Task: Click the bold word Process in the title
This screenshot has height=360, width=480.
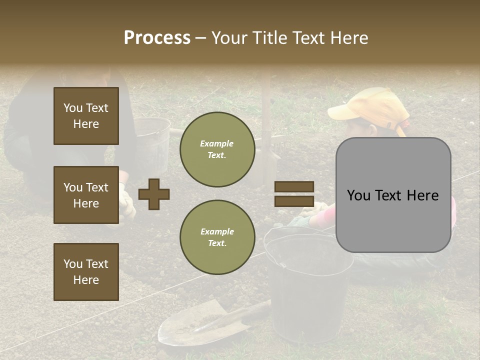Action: tap(157, 38)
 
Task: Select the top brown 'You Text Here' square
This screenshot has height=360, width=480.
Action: tap(86, 116)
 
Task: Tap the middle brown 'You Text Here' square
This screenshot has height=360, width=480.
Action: tap(86, 195)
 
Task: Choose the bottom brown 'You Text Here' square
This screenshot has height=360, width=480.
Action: tap(86, 272)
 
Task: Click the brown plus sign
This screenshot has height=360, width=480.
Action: tap(154, 194)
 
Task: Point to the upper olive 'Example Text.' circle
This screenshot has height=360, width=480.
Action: tap(217, 149)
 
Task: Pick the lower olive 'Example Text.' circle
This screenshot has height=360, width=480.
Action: tap(217, 237)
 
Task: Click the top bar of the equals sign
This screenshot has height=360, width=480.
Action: tap(294, 186)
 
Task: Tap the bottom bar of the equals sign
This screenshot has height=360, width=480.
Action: tap(294, 201)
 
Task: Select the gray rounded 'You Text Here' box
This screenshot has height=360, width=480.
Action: tap(393, 195)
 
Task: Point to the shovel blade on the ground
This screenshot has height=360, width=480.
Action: tap(195, 325)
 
